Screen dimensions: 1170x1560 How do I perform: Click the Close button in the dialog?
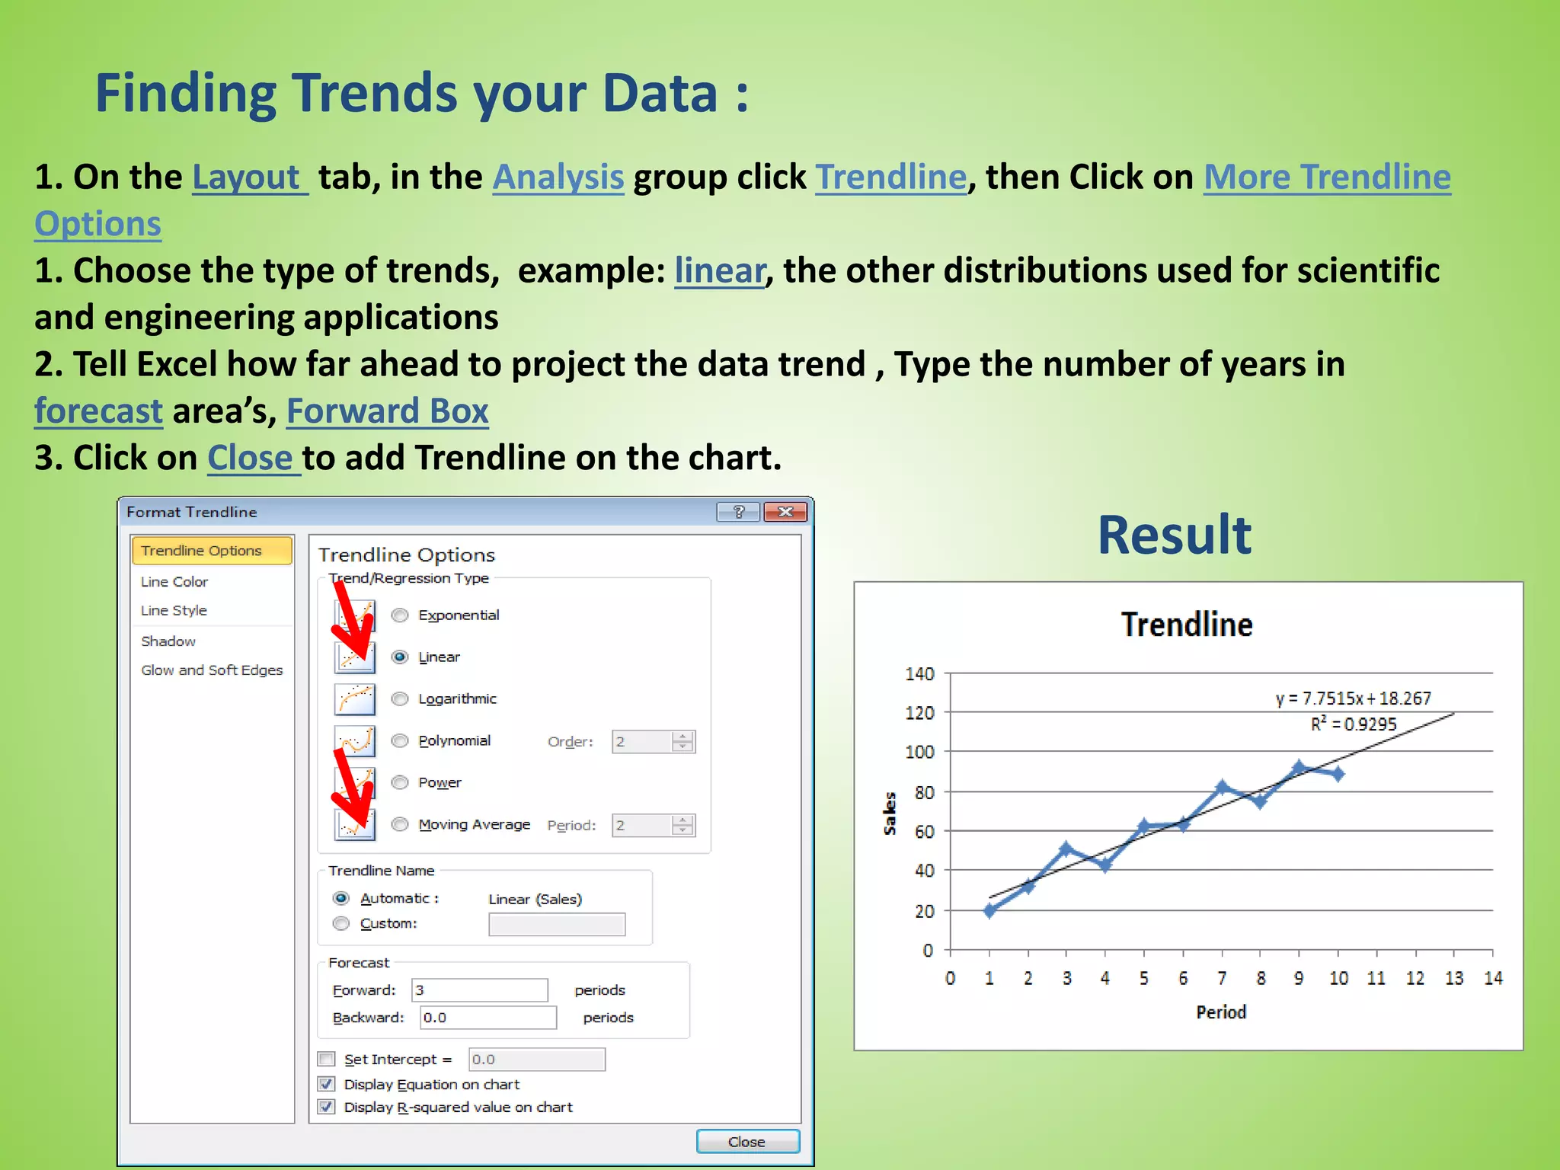click(x=747, y=1141)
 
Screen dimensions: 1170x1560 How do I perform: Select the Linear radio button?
click(x=400, y=657)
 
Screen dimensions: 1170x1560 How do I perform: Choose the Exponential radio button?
click(x=400, y=615)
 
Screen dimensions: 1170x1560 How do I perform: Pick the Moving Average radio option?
click(x=400, y=824)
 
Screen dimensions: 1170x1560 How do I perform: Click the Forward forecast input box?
click(x=479, y=990)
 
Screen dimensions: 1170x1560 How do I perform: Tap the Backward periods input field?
click(x=487, y=1018)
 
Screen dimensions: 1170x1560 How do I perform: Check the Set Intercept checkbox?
click(x=327, y=1059)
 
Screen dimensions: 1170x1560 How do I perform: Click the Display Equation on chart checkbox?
click(x=327, y=1084)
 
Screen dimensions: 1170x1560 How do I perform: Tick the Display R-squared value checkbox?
click(x=327, y=1107)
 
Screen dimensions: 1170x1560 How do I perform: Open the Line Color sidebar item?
click(x=174, y=582)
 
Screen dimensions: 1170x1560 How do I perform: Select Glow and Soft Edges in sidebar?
click(x=212, y=670)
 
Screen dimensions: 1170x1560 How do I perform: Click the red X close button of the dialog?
click(x=785, y=512)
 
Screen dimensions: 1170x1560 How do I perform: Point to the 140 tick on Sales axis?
click(x=919, y=673)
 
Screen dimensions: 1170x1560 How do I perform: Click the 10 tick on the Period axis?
click(x=1338, y=979)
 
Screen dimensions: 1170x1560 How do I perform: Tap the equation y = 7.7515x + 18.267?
click(x=1353, y=698)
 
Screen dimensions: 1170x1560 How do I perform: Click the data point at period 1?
click(x=989, y=910)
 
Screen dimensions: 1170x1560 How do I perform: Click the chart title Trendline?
click(x=1186, y=625)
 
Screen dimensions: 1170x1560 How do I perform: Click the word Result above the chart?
click(x=1174, y=535)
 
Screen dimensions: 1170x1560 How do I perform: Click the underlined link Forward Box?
click(x=387, y=411)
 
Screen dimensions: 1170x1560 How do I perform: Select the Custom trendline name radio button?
click(x=341, y=923)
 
